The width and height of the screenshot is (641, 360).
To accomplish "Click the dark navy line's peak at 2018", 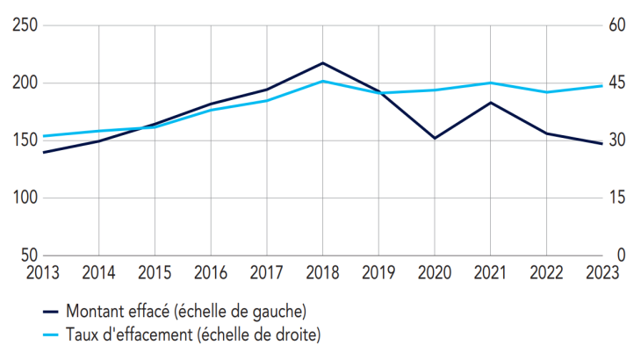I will point(323,63).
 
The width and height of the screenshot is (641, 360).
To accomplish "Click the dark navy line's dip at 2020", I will point(435,138).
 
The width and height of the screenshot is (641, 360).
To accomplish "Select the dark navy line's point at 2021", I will point(491,103).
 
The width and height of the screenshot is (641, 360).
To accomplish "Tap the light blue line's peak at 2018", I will point(323,81).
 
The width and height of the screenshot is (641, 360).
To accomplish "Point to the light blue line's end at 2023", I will point(602,85).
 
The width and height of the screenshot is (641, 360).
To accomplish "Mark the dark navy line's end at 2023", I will point(602,143).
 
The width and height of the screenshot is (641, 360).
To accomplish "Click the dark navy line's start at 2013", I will point(43,152).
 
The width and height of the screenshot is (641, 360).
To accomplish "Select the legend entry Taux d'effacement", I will point(185,334).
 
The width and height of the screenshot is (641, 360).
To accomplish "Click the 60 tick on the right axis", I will point(616,26).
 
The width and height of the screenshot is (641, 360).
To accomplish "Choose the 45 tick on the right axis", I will point(616,83).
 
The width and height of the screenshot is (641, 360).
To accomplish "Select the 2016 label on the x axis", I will point(211,272).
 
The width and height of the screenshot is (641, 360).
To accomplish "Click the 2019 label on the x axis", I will point(378,272).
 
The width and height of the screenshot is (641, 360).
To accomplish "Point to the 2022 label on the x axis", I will point(546,272).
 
